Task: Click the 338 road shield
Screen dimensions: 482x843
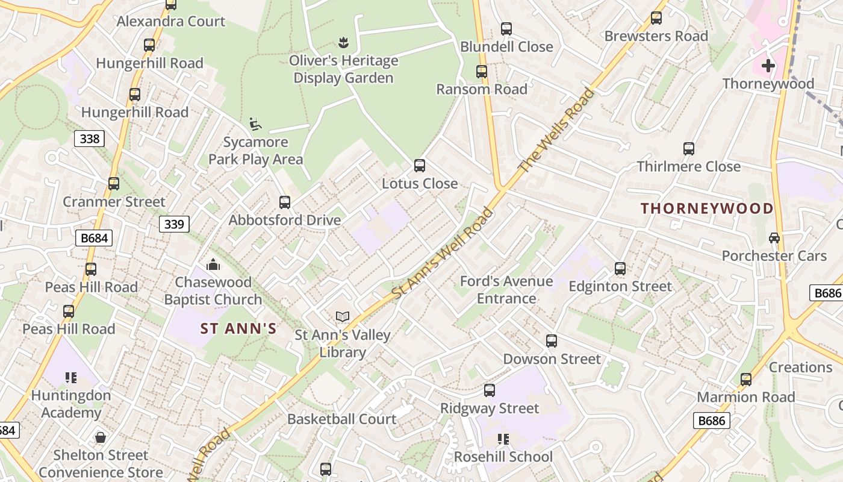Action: [x=89, y=139]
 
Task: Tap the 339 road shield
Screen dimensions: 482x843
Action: [x=174, y=224]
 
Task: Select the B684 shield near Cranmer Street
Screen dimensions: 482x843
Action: [x=95, y=238]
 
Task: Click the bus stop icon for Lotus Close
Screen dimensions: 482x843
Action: [x=420, y=165]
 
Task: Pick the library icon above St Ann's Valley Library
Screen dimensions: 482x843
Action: [x=343, y=316]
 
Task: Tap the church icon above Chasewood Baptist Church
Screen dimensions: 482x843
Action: [x=213, y=264]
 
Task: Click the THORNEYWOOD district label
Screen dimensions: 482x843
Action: [x=707, y=208]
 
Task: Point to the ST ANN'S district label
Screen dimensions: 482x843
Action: [x=238, y=328]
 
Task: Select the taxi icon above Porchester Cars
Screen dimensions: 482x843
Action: [x=774, y=237]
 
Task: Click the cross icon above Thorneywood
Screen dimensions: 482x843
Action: [x=768, y=65]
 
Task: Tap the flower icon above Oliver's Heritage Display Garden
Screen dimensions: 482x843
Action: [x=343, y=42]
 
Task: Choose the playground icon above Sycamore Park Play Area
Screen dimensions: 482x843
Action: [x=255, y=124]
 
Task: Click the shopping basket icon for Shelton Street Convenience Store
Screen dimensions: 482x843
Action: [x=101, y=437]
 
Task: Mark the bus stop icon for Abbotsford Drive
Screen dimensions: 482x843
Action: [x=285, y=202]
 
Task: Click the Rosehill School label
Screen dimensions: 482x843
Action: [x=503, y=457]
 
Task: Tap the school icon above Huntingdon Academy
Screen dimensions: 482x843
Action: [x=71, y=378]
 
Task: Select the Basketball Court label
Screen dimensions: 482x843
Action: [x=341, y=419]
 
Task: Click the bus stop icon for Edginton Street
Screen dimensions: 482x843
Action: [x=620, y=268]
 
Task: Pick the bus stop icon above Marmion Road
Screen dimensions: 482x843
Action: [x=746, y=379]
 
